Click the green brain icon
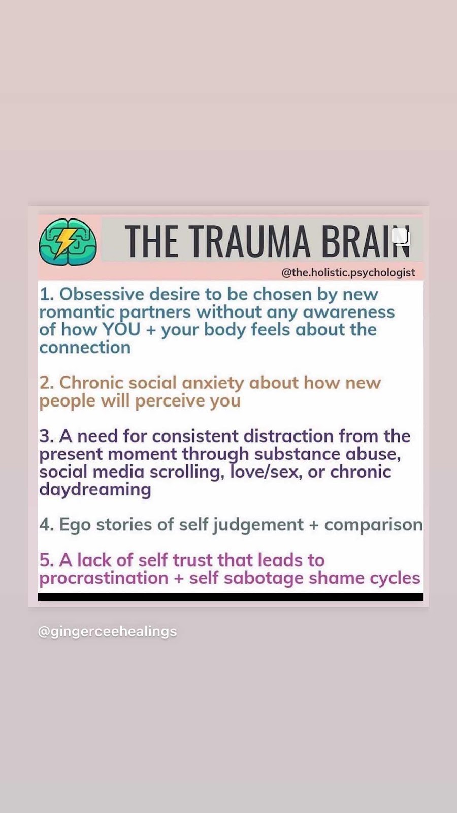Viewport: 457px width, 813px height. (68, 241)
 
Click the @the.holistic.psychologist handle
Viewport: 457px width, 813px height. (348, 272)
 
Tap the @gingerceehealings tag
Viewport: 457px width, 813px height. (107, 631)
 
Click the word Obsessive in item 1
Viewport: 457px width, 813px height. (102, 294)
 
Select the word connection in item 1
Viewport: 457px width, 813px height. (85, 348)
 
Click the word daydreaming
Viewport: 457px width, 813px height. (95, 490)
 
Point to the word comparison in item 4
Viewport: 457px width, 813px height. (373, 525)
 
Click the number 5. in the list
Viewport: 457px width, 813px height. (47, 560)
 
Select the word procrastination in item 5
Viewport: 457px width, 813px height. (104, 578)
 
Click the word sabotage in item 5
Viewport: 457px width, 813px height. (264, 578)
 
